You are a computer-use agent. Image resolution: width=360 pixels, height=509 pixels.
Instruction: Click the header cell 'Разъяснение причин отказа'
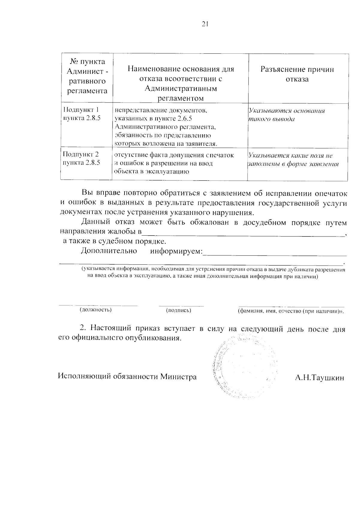point(297,74)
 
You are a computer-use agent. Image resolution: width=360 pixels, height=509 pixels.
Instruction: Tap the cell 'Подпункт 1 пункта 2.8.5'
point(81,114)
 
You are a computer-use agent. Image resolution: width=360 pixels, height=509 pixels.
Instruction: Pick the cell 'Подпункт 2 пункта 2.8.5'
point(81,159)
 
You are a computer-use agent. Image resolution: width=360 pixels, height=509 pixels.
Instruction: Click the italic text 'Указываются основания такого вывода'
point(286,115)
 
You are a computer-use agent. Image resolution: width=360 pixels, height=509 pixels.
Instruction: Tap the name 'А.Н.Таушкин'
point(319,377)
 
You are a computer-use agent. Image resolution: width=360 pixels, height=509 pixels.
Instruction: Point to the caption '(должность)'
point(95,310)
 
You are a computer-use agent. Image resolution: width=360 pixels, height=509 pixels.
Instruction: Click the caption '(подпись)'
point(178,310)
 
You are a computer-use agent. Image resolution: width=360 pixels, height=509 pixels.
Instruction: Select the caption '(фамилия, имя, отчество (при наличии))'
point(290,311)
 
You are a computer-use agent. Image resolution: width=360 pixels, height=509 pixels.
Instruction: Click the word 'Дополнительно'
point(109,251)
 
